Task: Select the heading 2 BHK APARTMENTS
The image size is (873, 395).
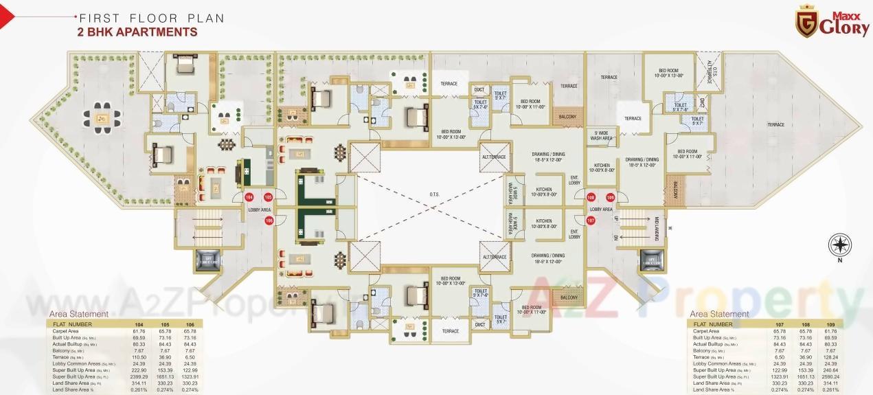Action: tap(139, 32)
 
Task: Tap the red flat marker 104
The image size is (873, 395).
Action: tap(249, 197)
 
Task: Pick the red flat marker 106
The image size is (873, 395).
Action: tap(269, 221)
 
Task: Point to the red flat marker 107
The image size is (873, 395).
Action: tap(591, 221)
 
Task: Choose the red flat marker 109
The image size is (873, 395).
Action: tap(610, 198)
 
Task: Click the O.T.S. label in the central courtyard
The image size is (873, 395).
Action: tap(434, 194)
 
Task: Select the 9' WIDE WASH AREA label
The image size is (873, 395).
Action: tap(601, 136)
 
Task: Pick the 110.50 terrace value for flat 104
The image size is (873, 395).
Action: tap(139, 358)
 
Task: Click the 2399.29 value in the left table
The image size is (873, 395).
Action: tap(139, 377)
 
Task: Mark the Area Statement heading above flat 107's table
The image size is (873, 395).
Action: tap(720, 314)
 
